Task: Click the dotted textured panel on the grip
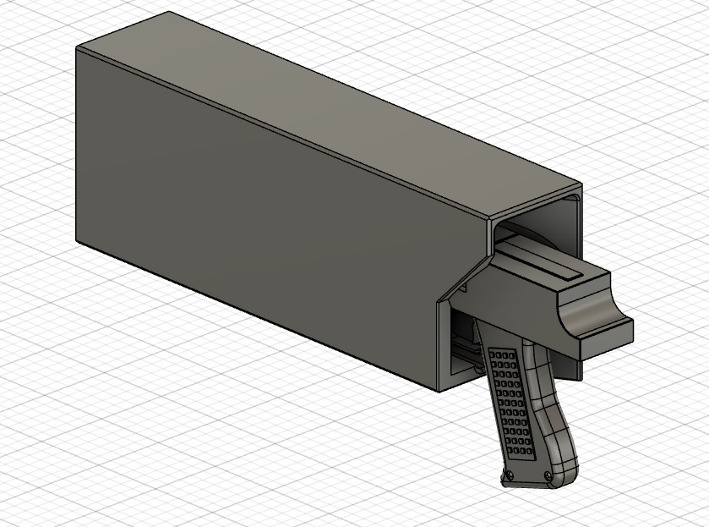tap(509, 398)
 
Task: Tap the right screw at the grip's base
tap(550, 475)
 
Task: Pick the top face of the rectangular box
tap(338, 110)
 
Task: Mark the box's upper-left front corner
tap(77, 48)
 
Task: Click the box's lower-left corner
tap(77, 241)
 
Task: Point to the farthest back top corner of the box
tap(170, 12)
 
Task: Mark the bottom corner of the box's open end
tap(439, 391)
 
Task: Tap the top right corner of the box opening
tap(581, 185)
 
